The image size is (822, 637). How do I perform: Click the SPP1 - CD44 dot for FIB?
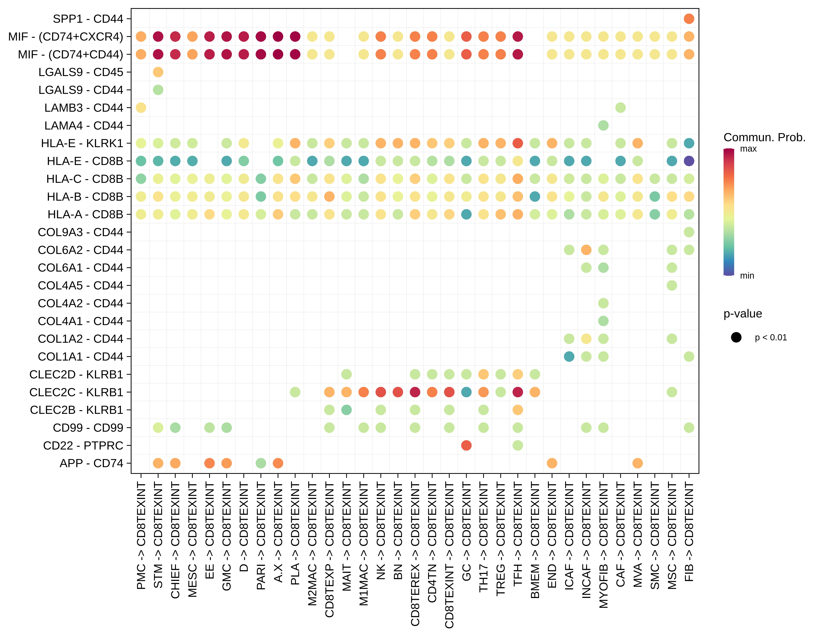coord(689,19)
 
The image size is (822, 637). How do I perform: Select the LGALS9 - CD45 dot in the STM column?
coord(158,72)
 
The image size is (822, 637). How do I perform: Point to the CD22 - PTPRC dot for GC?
coord(466,445)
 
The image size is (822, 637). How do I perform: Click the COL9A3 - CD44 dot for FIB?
coord(689,232)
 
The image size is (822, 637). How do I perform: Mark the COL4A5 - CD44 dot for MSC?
coord(672,286)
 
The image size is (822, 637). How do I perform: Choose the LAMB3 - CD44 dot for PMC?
coord(141,108)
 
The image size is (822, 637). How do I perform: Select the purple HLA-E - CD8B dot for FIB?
coord(689,161)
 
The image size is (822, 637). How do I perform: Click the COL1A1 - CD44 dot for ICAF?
coord(569,356)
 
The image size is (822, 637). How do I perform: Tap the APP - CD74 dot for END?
coord(552,463)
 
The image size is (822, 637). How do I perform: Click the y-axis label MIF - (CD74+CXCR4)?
coord(66,37)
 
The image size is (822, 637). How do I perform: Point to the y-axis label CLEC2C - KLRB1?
coord(76,392)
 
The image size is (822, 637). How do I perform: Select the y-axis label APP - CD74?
coord(91,463)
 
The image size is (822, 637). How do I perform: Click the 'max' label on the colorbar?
coord(748,149)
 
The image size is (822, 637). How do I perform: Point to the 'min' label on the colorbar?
coord(747,276)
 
